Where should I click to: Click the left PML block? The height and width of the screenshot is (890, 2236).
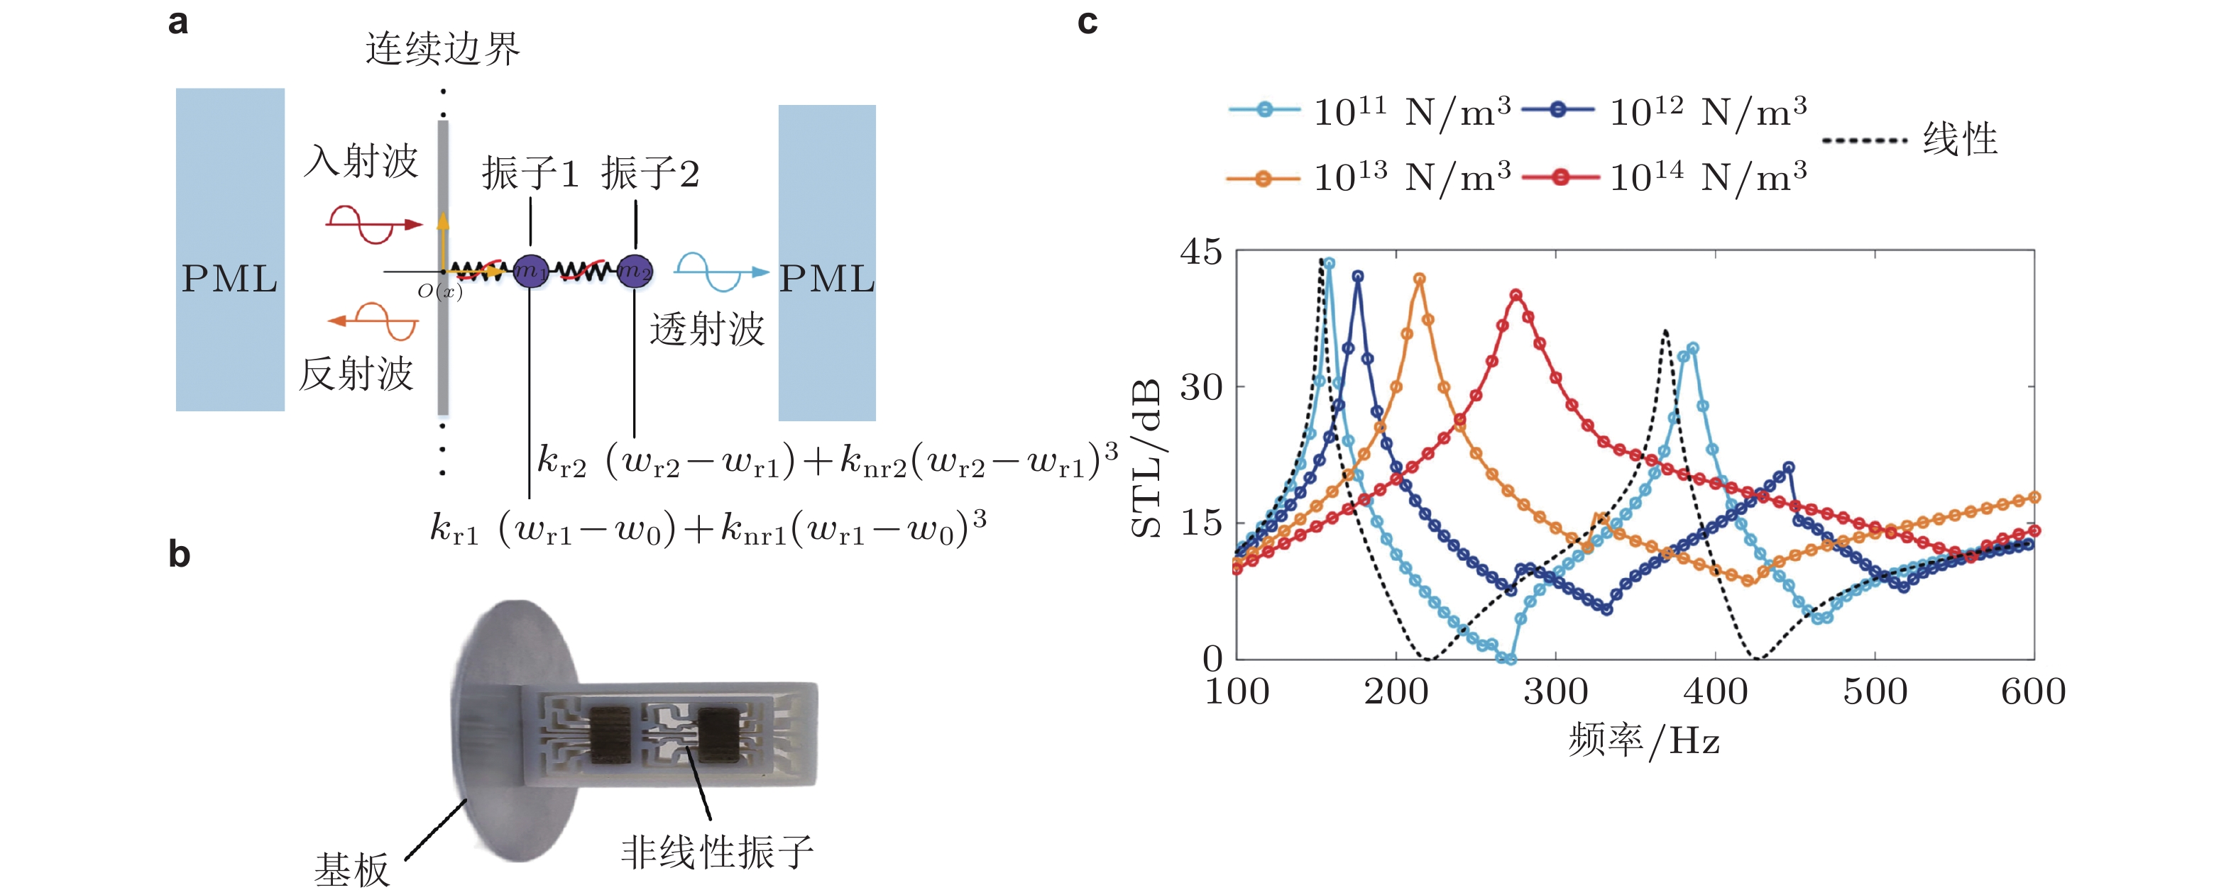coord(230,250)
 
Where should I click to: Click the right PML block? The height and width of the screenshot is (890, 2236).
coord(826,263)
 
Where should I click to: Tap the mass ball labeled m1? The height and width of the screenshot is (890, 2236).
coord(530,272)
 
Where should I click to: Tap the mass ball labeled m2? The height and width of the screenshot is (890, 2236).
coord(635,272)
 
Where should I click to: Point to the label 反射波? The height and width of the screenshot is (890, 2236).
coord(356,374)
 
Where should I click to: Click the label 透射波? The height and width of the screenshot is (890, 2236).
coord(706,330)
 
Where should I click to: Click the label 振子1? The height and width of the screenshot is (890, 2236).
coord(530,174)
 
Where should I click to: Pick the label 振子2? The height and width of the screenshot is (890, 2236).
coord(650,174)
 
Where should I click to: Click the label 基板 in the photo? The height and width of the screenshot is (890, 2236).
coord(351,868)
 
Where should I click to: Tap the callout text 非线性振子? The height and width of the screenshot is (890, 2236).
coord(717,852)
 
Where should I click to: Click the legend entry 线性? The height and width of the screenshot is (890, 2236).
coord(1959,140)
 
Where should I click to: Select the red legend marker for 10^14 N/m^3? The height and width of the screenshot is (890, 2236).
coord(1560,178)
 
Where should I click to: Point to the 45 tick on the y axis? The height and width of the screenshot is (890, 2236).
coord(1200,252)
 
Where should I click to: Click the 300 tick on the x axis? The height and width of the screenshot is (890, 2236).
coord(1555,692)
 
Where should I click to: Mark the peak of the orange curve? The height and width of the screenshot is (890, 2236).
coord(1419,279)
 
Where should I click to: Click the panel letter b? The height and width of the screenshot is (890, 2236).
coord(179,553)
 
